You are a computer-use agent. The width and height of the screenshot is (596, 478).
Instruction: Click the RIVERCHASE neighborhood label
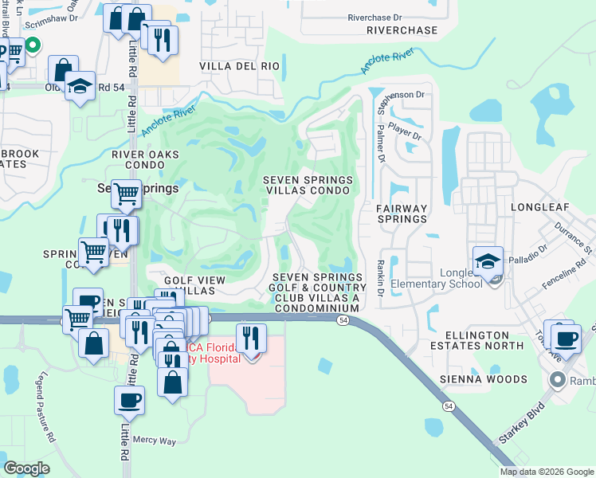pyautogui.click(x=402, y=30)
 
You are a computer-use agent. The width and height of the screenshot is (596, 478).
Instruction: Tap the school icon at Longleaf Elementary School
pyautogui.click(x=488, y=261)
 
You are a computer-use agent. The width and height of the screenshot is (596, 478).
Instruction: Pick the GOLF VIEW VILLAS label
pyautogui.click(x=195, y=286)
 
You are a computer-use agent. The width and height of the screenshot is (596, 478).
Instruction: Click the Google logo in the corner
pyautogui.click(x=27, y=468)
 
